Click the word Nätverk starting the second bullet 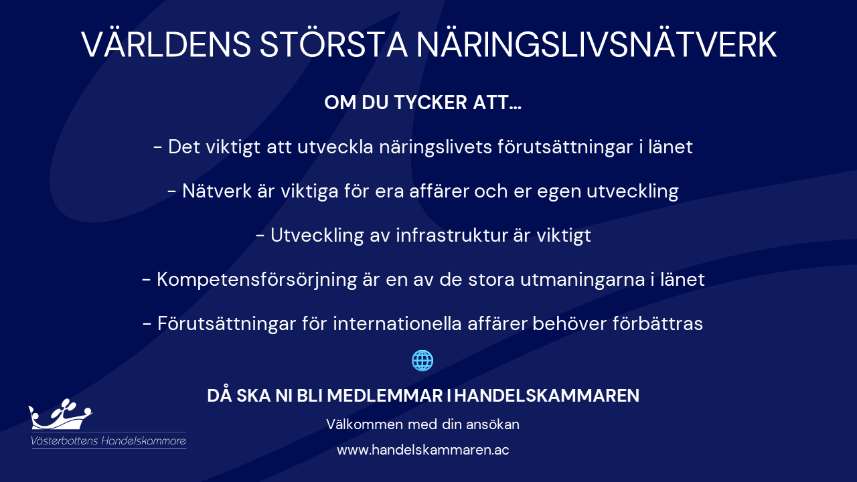(217, 191)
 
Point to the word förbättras (657, 323)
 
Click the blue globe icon (422, 360)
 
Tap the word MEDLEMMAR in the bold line (385, 396)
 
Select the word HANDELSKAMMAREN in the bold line (547, 396)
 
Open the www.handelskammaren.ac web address (422, 450)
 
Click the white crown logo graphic (60, 414)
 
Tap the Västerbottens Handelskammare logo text (108, 440)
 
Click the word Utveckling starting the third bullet (317, 236)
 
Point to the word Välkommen (364, 424)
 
